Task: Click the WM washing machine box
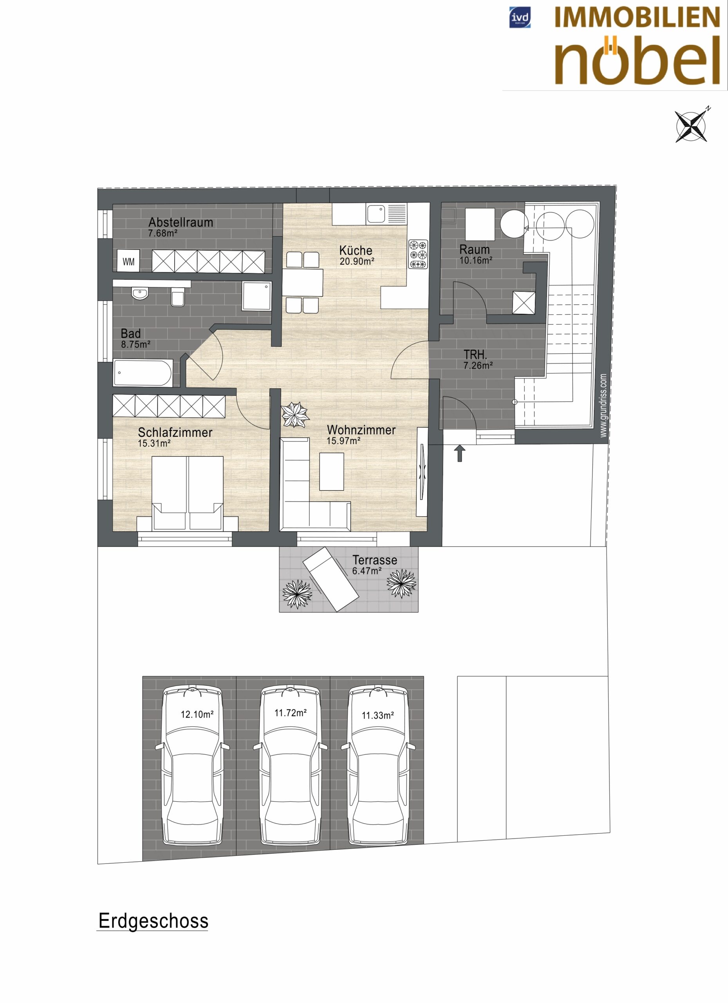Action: click(128, 261)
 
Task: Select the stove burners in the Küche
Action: click(418, 254)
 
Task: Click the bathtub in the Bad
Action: click(143, 373)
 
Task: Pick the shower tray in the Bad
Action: click(257, 296)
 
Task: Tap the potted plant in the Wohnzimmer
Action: click(295, 415)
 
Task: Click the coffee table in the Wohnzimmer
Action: click(332, 471)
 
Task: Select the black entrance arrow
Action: click(460, 454)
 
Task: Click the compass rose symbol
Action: click(691, 125)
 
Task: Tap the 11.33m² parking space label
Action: click(378, 715)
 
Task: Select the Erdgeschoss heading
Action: click(154, 921)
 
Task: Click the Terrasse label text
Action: click(375, 560)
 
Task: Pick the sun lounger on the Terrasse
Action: click(331, 579)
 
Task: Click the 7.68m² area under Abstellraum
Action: click(163, 233)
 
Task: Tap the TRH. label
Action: click(475, 355)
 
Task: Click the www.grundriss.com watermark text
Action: click(603, 406)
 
